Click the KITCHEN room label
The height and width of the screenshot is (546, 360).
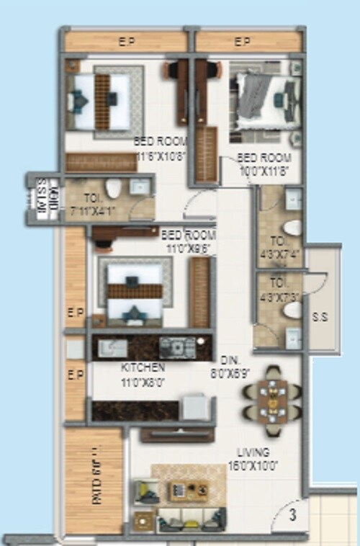pos(143,367)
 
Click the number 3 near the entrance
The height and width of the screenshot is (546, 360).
pos(293,514)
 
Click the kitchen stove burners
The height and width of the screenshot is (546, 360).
pos(176,347)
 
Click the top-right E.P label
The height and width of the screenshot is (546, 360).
pos(242,42)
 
